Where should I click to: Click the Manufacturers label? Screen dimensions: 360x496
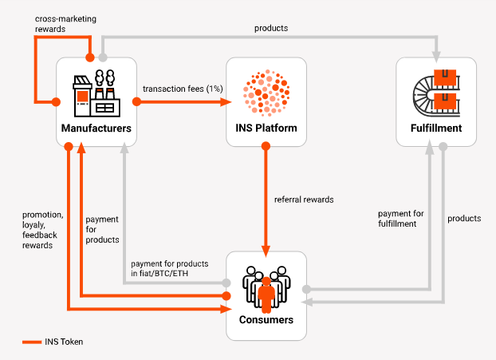pos(96,128)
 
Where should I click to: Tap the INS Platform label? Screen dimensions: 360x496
pos(266,128)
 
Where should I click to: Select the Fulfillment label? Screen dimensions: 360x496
pos(435,128)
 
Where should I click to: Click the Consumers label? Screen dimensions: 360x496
pos(266,320)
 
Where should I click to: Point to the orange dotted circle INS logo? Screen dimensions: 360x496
pos(266,92)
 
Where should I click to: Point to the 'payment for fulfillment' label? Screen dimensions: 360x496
pos(400,219)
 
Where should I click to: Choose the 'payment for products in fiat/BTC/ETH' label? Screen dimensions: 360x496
pos(170,269)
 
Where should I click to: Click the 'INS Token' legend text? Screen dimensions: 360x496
pos(65,342)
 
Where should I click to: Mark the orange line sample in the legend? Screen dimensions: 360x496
pos(32,342)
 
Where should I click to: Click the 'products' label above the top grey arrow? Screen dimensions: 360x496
pos(270,28)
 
